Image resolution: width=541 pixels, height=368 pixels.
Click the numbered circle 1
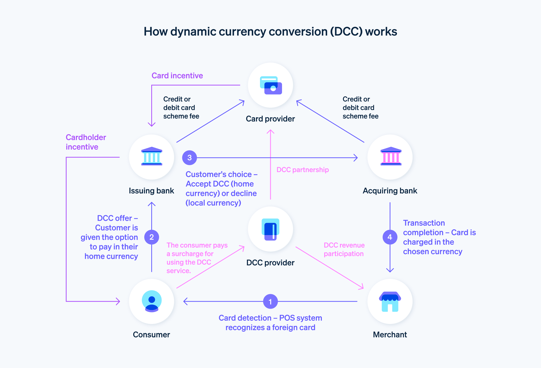tap(270, 301)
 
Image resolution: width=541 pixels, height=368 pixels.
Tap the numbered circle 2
tap(152, 237)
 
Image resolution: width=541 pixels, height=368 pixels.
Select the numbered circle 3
tap(189, 158)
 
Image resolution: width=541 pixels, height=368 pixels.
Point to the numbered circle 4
tap(390, 237)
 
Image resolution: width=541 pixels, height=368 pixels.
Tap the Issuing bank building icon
tap(152, 156)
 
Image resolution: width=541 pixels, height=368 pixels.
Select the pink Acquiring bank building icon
tap(391, 156)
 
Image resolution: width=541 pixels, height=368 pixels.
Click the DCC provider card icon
tap(270, 229)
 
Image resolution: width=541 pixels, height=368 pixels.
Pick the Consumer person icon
tap(152, 301)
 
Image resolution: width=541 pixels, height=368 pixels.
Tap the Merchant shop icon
tap(390, 301)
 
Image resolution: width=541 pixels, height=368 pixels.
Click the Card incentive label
tap(177, 76)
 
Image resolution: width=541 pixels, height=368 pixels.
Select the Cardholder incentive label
tap(85, 142)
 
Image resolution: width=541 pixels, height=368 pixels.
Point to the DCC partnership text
tap(302, 170)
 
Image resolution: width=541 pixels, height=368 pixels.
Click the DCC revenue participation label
tap(344, 249)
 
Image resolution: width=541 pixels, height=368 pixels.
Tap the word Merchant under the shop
tap(390, 335)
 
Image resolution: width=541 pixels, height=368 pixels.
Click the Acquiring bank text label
tap(390, 191)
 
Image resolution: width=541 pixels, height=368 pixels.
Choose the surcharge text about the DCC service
tap(197, 258)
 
